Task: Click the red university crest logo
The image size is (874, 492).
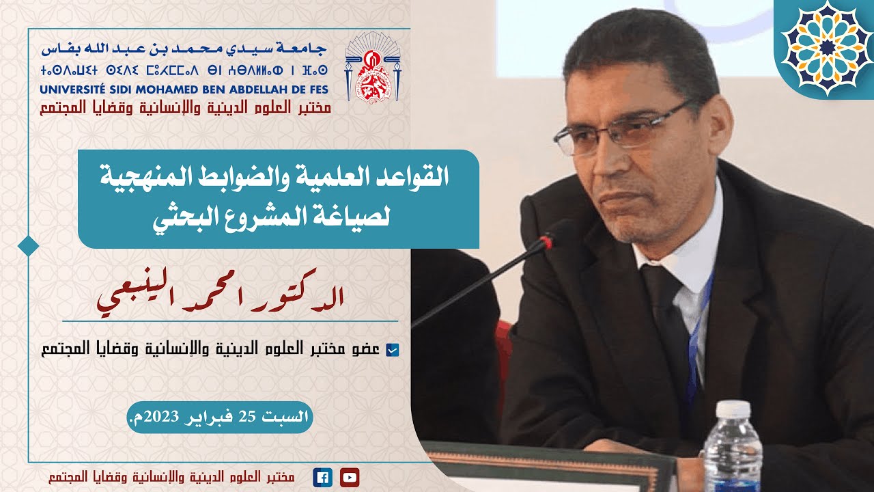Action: (x=369, y=68)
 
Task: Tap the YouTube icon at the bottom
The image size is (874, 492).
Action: (x=349, y=478)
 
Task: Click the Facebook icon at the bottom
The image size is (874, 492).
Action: (x=322, y=478)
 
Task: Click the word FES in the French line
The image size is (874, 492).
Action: (x=315, y=90)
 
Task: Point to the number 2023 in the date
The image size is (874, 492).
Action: (x=159, y=417)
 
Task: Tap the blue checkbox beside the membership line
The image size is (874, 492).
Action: (x=392, y=351)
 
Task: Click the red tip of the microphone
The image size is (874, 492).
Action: (x=545, y=241)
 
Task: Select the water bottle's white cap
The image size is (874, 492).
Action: (x=733, y=409)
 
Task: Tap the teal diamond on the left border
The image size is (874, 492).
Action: (x=28, y=245)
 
